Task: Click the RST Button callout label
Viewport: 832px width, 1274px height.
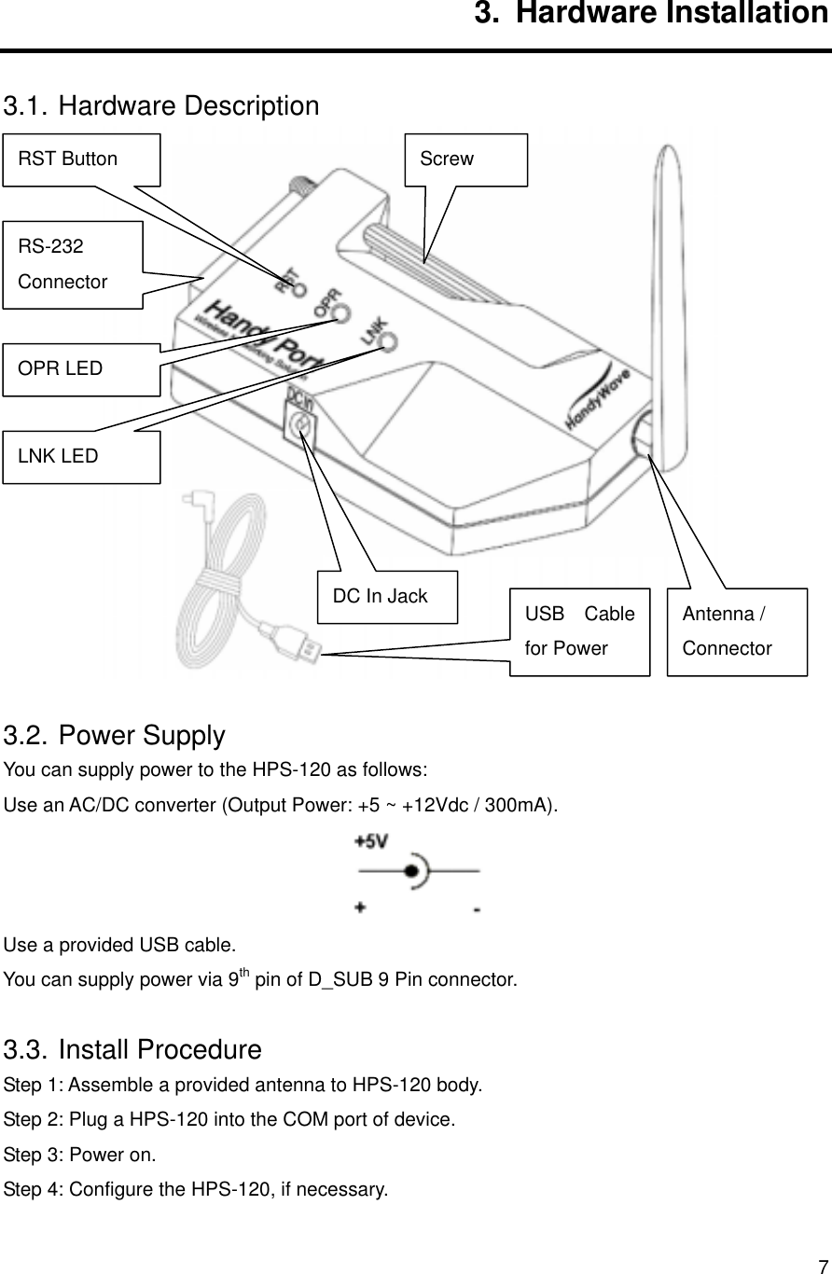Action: click(82, 159)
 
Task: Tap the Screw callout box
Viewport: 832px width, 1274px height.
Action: click(466, 159)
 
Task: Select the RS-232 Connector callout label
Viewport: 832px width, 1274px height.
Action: click(73, 265)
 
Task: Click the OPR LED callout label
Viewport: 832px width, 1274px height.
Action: click(81, 368)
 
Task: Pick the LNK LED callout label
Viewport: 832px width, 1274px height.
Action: click(81, 456)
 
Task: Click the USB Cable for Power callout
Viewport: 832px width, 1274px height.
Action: click(579, 631)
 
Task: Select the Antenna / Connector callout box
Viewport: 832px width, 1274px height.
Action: click(737, 631)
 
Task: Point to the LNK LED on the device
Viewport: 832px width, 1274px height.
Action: click(389, 341)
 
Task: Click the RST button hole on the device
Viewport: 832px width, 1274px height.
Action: click(299, 288)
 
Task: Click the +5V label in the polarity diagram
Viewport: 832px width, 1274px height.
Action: click(371, 842)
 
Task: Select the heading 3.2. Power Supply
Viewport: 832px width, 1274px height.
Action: click(115, 736)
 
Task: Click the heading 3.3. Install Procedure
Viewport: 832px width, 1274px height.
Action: click(132, 1049)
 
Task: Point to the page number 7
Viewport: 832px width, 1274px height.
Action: click(822, 1266)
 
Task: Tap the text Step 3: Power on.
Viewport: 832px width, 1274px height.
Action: click(80, 1155)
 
